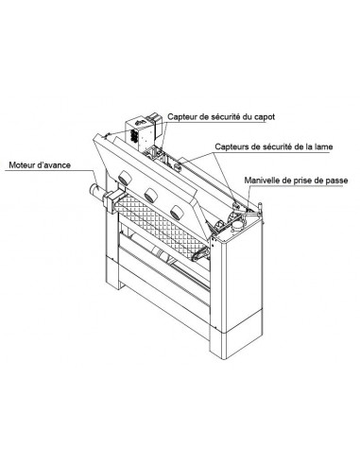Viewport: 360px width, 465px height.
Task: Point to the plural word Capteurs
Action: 233,147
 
